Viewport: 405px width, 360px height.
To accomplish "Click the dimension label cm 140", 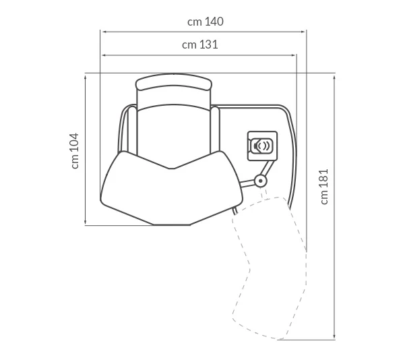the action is [206, 22].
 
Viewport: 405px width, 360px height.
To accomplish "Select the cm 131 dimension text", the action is [200, 44].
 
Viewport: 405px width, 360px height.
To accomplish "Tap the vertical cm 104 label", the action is [75, 151].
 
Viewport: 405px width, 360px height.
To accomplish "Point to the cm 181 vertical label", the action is [324, 187].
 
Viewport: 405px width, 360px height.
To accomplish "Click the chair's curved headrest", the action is [174, 82].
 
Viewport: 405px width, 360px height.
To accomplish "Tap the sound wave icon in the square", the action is [262, 146].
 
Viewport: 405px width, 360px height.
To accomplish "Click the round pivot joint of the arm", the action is [261, 181].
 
